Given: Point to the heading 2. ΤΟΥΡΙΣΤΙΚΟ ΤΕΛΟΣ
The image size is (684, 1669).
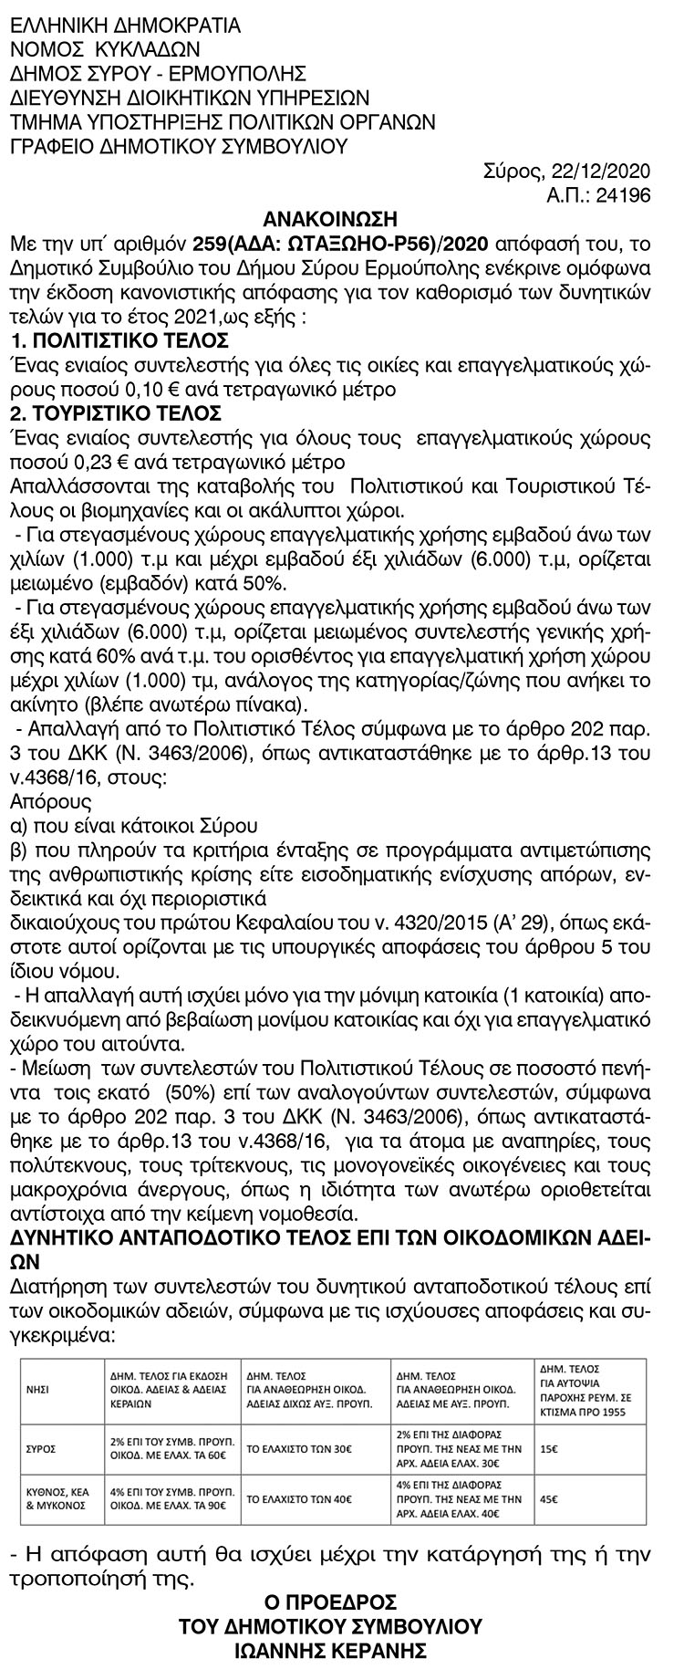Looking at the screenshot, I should point(115,412).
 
